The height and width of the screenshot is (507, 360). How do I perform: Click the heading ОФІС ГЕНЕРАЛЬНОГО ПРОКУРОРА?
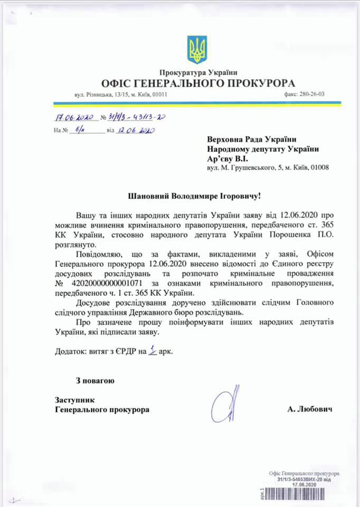198,83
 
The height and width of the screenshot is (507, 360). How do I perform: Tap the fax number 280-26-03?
311,95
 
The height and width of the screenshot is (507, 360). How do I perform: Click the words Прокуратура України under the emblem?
198,72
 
